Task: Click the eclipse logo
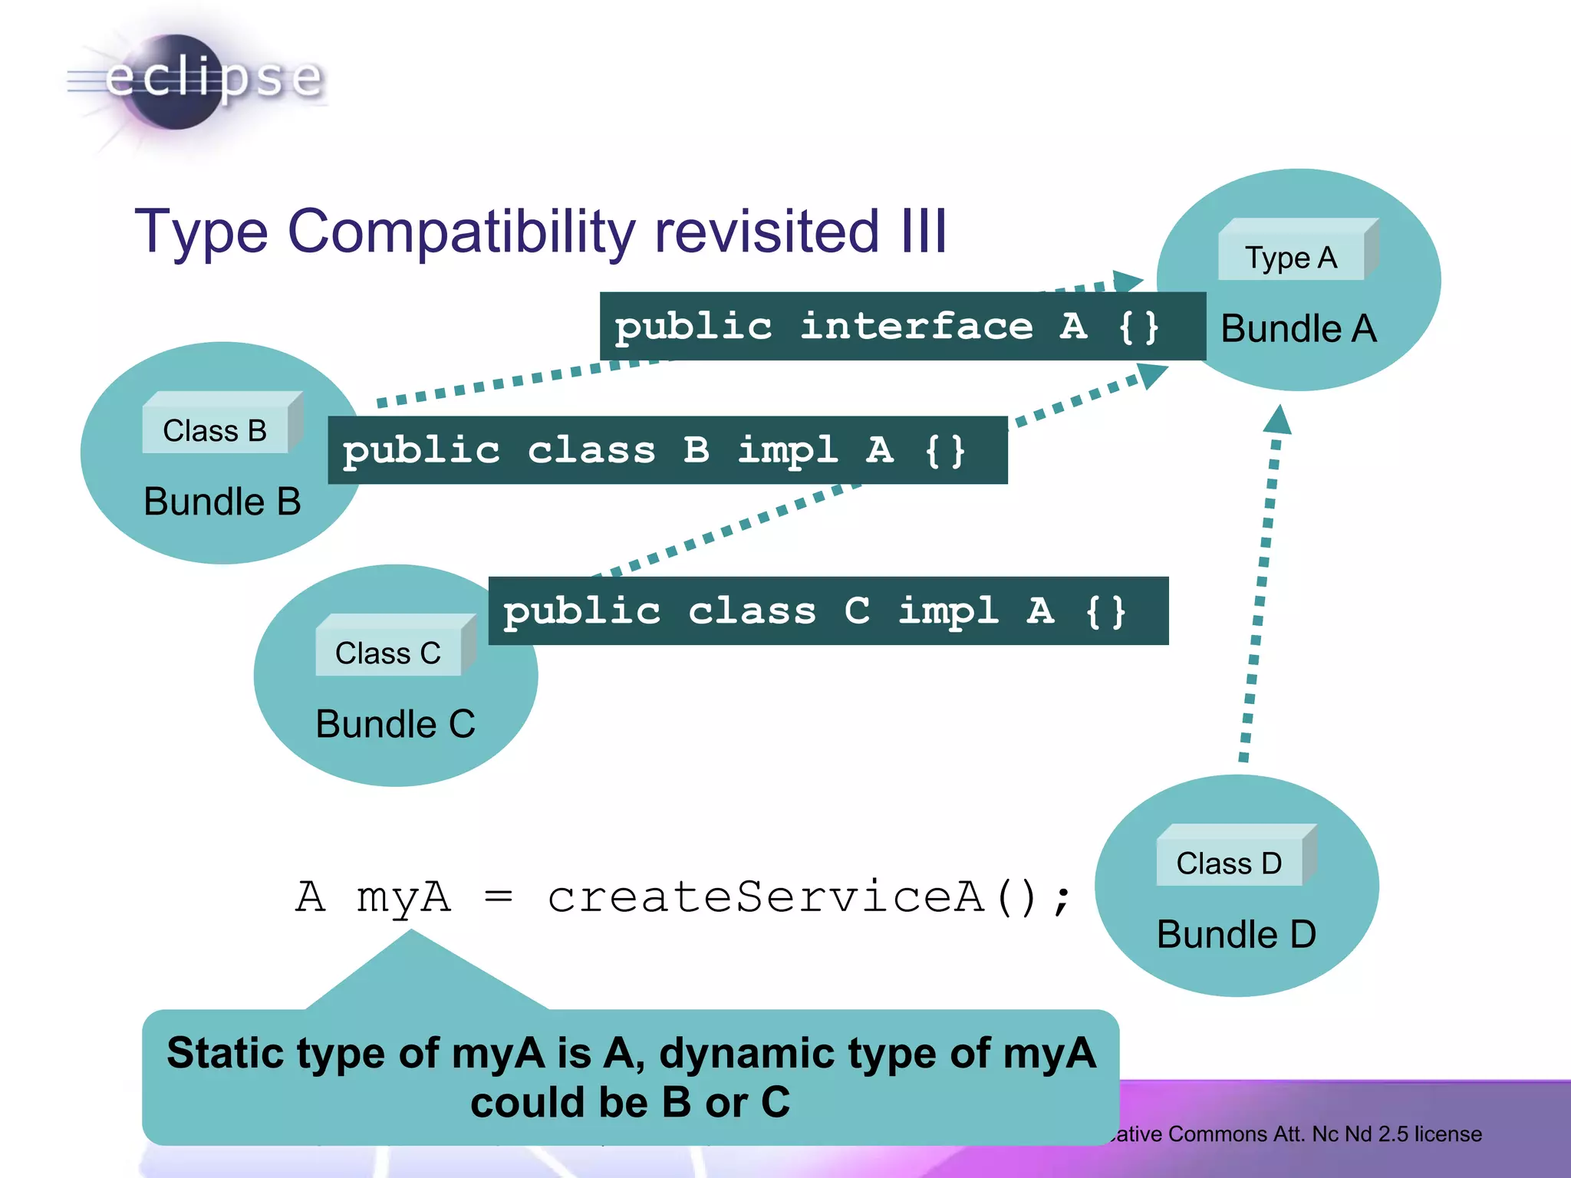tap(196, 80)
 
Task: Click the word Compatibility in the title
tap(461, 231)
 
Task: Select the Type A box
tap(1292, 256)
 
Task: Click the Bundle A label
tap(1298, 329)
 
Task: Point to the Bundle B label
tap(222, 502)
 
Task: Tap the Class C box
tap(388, 652)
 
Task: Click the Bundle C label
tap(395, 724)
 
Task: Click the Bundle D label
tap(1236, 935)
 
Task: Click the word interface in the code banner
tap(916, 327)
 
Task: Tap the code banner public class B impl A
tap(667, 450)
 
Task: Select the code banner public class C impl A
tap(828, 611)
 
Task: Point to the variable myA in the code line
tap(403, 897)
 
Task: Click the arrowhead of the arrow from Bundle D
tap(1278, 420)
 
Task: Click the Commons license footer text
tap(1296, 1134)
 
